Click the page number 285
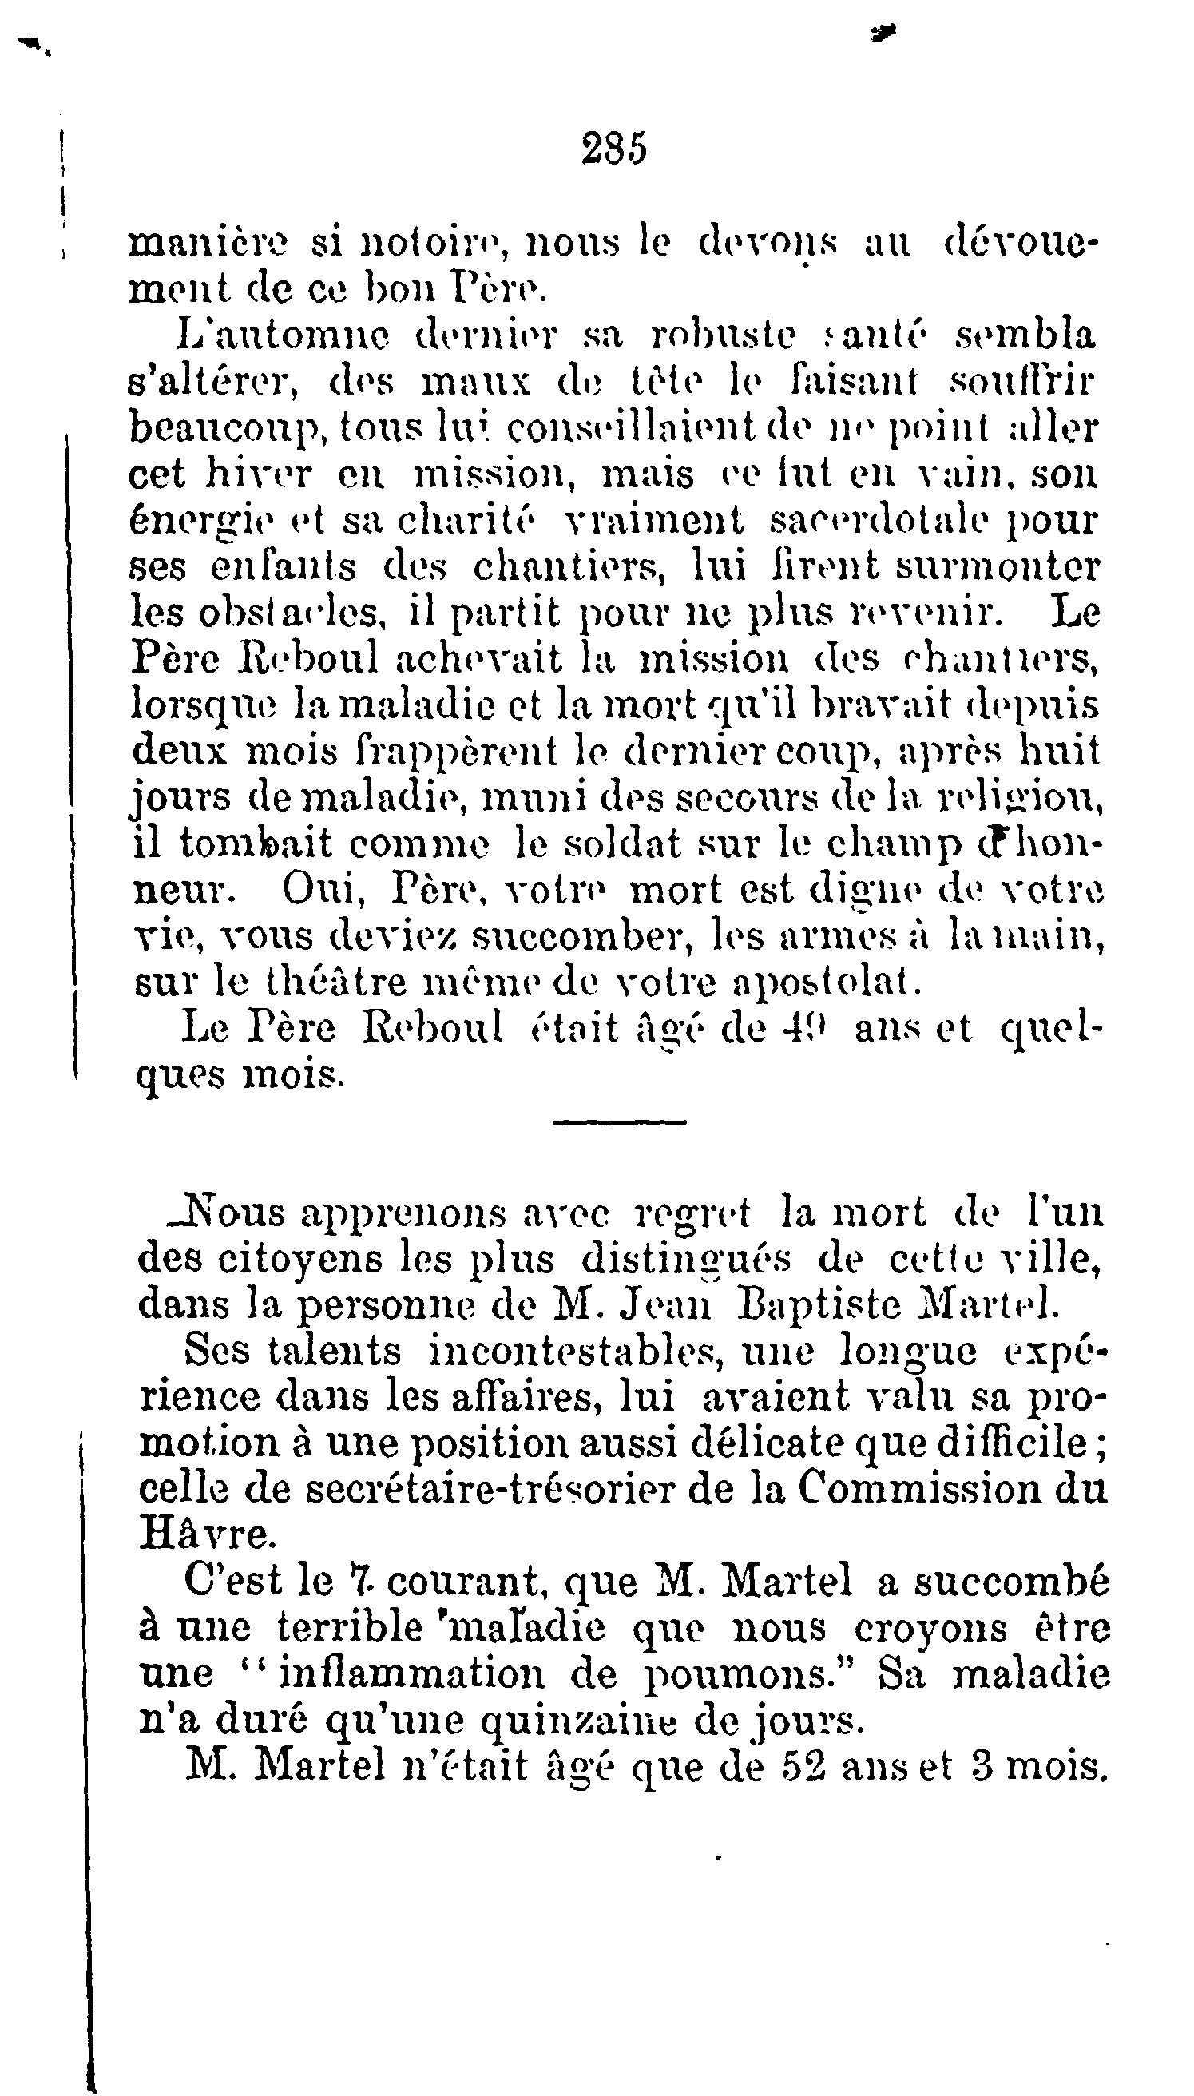[614, 149]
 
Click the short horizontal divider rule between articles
[619, 1121]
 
